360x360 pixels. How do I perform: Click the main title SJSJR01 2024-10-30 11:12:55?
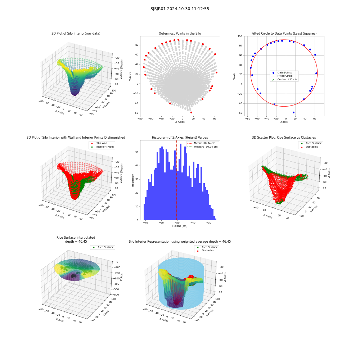click(x=180, y=9)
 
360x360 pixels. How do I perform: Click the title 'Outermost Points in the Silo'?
click(x=180, y=33)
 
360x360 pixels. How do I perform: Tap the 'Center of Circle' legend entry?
click(x=285, y=80)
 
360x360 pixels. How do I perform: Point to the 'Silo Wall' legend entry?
click(x=99, y=143)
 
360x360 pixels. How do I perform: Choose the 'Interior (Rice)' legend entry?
click(x=102, y=147)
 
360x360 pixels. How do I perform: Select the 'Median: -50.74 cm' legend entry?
click(x=202, y=147)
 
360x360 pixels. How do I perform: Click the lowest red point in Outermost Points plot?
click(x=191, y=112)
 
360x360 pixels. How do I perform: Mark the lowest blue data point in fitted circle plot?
click(x=293, y=112)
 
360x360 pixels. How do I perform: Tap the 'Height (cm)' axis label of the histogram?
click(x=180, y=226)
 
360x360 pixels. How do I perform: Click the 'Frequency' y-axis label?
click(x=133, y=180)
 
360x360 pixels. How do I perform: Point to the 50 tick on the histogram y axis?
click(x=137, y=152)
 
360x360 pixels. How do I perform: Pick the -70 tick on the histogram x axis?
click(x=145, y=223)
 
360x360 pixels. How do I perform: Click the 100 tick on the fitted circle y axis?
click(x=240, y=36)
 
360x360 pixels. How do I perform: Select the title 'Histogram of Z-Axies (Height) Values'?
click(x=180, y=138)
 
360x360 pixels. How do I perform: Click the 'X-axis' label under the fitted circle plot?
click(x=284, y=122)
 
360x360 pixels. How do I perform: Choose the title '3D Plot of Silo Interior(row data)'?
click(x=76, y=33)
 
